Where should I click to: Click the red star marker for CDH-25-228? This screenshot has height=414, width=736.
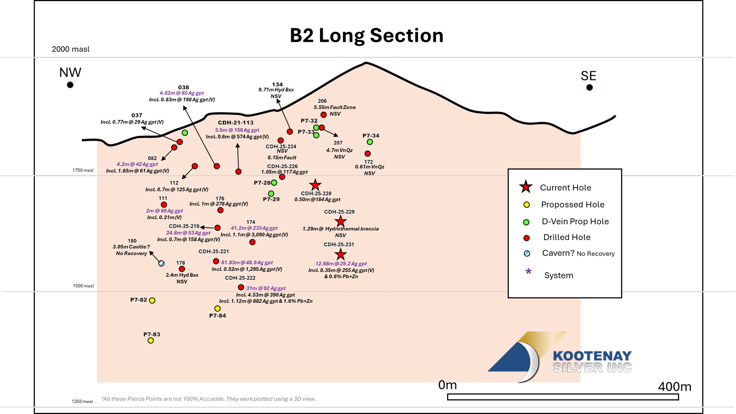315,185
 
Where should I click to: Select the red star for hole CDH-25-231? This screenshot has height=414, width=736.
340,254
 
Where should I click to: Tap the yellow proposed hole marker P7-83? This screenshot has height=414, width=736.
151,340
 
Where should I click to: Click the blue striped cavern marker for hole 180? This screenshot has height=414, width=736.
161,263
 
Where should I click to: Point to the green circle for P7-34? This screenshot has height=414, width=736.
370,142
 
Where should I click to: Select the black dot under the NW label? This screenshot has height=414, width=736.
70,85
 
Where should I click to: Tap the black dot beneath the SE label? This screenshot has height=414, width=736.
589,87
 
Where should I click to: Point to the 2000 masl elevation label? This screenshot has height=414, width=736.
71,49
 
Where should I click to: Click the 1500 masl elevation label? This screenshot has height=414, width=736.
83,286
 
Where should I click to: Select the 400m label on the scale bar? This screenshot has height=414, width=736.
675,387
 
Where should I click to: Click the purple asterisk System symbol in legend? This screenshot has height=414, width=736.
528,271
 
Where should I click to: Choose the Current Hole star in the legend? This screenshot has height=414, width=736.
526,187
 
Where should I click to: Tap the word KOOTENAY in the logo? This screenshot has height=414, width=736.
592,356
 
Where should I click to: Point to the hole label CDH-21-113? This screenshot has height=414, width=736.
236,122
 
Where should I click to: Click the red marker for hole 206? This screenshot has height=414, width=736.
323,115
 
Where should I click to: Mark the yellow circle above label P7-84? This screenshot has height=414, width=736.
217,308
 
